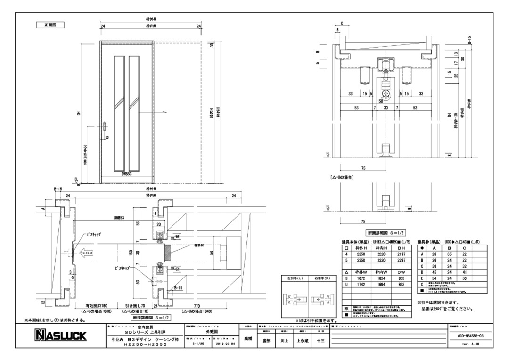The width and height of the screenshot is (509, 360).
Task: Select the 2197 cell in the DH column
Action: point(401,254)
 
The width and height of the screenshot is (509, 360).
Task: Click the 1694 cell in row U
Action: point(381,286)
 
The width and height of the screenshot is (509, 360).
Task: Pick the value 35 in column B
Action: point(450,254)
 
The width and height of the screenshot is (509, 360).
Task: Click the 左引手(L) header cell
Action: point(294,278)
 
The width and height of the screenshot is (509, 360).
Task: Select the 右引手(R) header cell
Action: point(322,278)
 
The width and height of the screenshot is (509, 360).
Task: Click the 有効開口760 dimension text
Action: point(97,305)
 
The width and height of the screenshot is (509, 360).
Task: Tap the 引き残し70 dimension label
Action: point(134,305)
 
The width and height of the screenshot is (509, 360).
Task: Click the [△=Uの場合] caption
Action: point(343,177)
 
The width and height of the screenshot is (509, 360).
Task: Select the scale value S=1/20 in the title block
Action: point(196,344)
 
